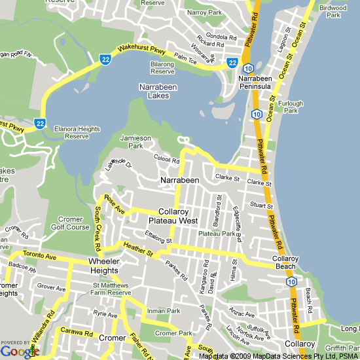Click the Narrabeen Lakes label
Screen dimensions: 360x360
[x=154, y=91]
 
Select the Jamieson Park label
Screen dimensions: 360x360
[x=135, y=142]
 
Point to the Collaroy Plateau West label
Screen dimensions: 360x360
[x=178, y=217]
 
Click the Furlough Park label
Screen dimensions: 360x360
[x=290, y=107]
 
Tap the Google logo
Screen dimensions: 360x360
[x=20, y=351]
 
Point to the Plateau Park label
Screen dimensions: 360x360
[x=216, y=234]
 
